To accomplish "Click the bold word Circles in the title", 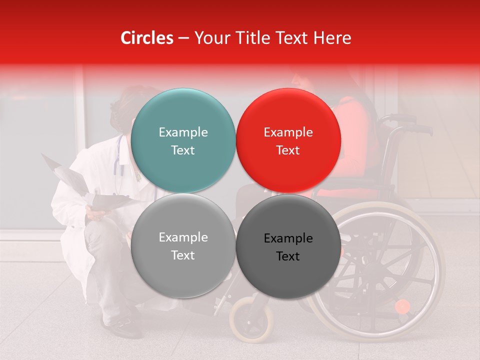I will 147,38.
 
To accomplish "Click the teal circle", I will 183,140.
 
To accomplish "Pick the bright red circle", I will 288,140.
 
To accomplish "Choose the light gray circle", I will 183,245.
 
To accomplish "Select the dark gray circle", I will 288,246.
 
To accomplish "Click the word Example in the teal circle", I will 183,132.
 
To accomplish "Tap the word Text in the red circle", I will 288,150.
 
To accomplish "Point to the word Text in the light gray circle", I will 183,255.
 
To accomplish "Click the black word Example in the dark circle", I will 288,238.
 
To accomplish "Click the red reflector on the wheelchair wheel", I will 402,306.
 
